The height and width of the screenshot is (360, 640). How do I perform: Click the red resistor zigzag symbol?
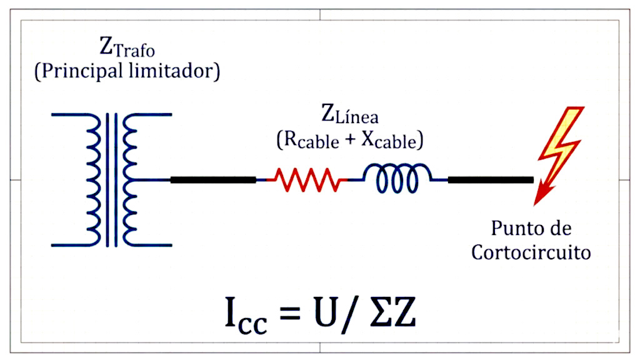click(306, 179)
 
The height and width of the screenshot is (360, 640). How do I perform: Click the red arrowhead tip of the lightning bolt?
click(535, 205)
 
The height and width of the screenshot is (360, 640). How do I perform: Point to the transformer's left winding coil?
click(94, 179)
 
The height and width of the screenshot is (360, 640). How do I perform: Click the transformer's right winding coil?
click(130, 179)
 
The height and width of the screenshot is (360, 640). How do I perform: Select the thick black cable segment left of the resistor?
click(213, 179)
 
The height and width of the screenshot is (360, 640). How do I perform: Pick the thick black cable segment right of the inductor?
click(491, 179)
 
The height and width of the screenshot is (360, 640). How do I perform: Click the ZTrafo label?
click(127, 47)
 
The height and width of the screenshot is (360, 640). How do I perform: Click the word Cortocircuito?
click(531, 252)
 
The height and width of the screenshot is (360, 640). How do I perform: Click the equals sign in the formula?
click(290, 314)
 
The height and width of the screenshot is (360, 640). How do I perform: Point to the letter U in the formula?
click(325, 312)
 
